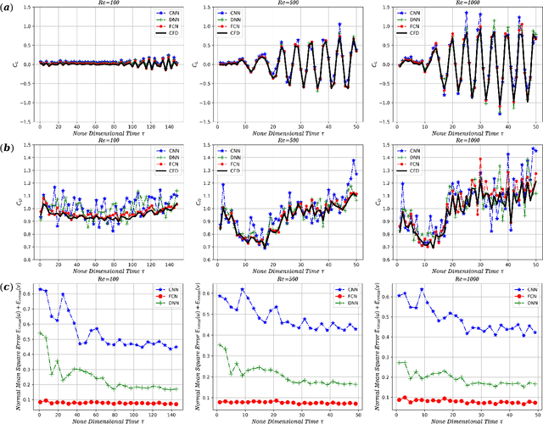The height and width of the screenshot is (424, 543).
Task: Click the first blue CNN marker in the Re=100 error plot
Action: click(39, 289)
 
